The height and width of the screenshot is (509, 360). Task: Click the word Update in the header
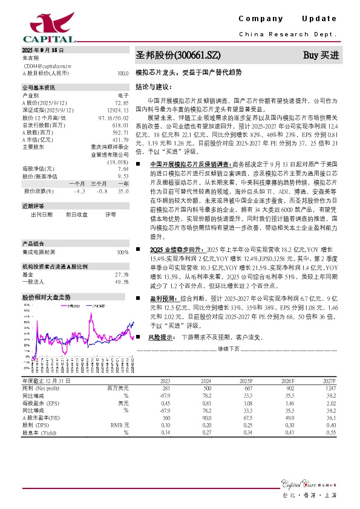click(x=316, y=19)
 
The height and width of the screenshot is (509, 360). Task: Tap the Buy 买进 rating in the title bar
click(x=321, y=56)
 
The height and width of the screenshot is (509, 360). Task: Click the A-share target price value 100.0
click(x=123, y=73)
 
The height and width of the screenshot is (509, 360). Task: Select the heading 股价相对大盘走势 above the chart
click(x=47, y=297)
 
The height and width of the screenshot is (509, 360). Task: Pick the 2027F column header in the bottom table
click(x=328, y=381)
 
